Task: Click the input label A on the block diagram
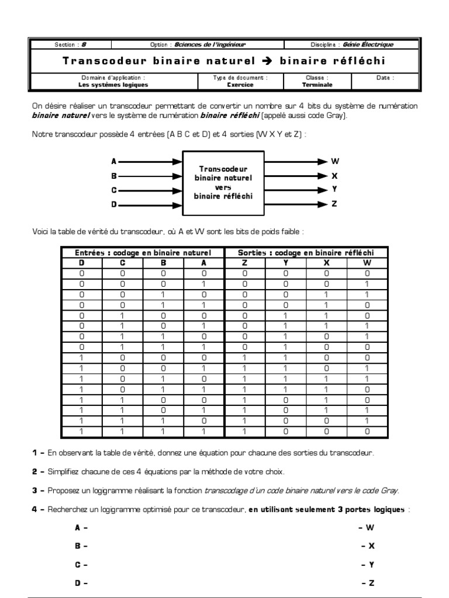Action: click(x=114, y=161)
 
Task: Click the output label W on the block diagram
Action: click(x=335, y=161)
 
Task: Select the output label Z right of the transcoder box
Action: click(x=334, y=204)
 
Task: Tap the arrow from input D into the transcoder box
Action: click(x=150, y=204)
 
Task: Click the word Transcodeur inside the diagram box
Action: click(x=223, y=169)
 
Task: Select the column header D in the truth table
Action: click(x=82, y=263)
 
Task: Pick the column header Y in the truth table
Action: click(x=285, y=263)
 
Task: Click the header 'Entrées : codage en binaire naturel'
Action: click(x=143, y=253)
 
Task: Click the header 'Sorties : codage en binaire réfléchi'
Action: click(x=306, y=253)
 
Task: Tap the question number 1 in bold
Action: click(x=35, y=453)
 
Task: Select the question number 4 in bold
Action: click(x=35, y=509)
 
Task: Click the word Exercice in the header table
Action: click(x=241, y=84)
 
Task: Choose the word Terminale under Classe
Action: click(x=317, y=84)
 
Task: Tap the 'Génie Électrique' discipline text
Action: click(x=369, y=44)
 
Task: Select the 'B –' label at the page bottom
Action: click(x=81, y=546)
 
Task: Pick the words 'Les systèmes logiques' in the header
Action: click(x=113, y=84)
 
